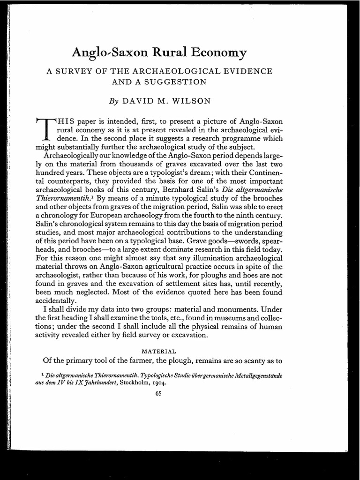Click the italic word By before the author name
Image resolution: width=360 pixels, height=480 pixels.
click(x=114, y=101)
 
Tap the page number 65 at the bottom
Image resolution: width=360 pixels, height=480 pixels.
click(x=158, y=393)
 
